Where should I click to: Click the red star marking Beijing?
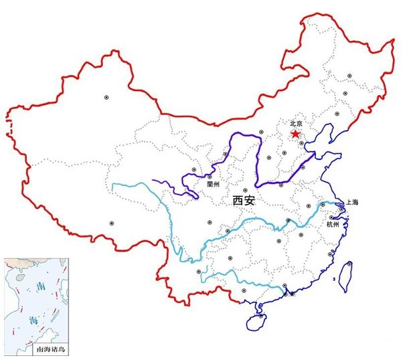click(x=295, y=134)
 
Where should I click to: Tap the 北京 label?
click(x=297, y=124)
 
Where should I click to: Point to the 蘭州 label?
click(x=214, y=182)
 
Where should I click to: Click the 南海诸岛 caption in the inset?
click(x=51, y=349)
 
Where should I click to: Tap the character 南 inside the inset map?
click(x=41, y=286)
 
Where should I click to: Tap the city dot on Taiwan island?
click(x=348, y=266)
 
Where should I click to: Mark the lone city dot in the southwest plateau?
click(x=111, y=223)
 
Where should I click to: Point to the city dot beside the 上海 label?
click(x=341, y=209)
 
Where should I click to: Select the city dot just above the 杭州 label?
click(x=333, y=217)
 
